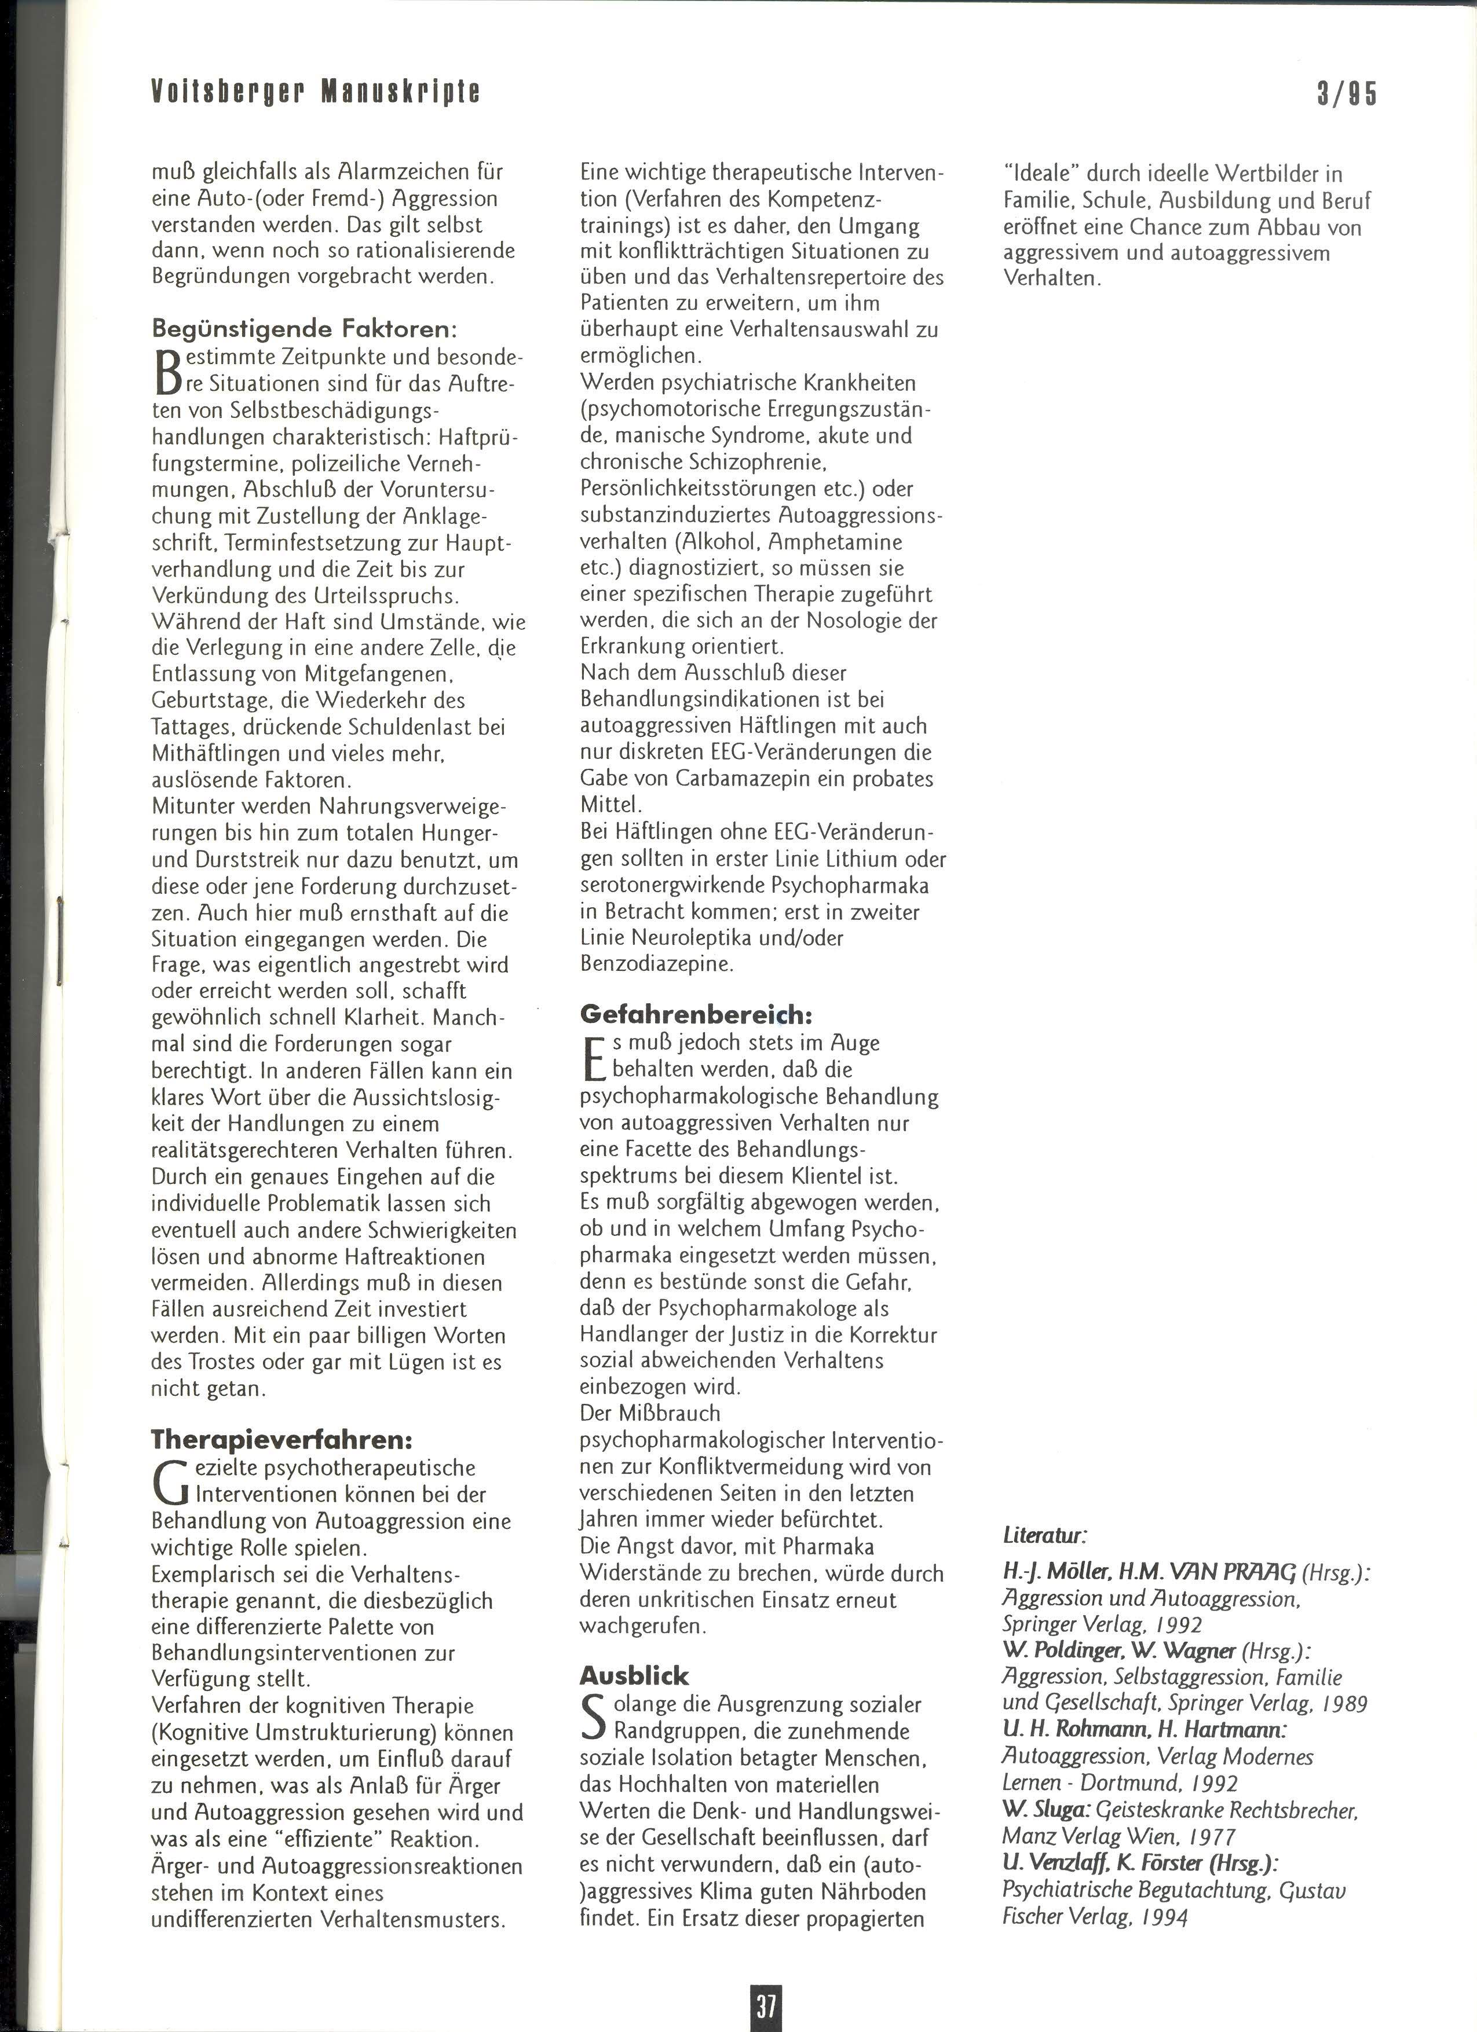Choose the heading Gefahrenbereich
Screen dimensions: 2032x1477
[x=696, y=1014]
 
